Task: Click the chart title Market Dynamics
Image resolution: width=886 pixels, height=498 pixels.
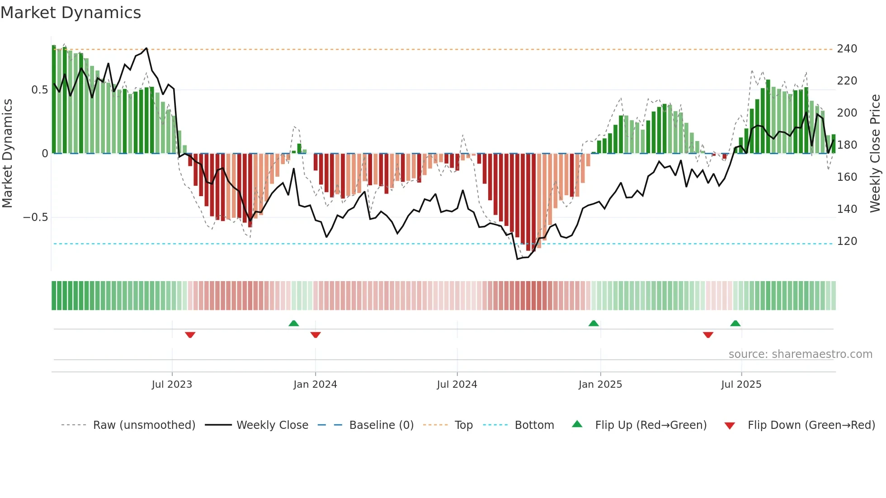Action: [71, 13]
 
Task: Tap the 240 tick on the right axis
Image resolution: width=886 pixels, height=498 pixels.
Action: [847, 49]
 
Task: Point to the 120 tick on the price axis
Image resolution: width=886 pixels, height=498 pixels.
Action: [847, 241]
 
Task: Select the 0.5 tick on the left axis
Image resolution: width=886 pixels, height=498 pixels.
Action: [39, 90]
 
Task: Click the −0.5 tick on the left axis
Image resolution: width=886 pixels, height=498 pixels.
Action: [36, 217]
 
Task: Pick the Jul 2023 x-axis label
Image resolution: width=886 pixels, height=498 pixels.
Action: [172, 385]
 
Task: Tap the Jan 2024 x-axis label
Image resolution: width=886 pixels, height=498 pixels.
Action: [315, 385]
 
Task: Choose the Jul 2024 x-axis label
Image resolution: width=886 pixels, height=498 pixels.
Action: [457, 385]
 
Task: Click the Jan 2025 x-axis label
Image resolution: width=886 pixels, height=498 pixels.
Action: [600, 385]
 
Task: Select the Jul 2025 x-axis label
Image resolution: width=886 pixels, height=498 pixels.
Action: [741, 385]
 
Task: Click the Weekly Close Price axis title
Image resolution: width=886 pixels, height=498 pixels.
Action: [875, 154]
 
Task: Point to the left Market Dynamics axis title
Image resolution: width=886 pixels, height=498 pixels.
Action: [7, 154]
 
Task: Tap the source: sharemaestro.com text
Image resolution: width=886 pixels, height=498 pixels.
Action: [800, 354]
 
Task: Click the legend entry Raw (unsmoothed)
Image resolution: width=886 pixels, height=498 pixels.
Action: [144, 425]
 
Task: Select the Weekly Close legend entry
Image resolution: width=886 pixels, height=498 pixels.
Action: [272, 425]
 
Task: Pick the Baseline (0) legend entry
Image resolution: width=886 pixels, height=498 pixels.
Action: [381, 425]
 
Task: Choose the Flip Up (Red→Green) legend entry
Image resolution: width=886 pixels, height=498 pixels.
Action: [650, 425]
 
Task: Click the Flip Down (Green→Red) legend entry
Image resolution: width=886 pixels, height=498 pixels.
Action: [811, 425]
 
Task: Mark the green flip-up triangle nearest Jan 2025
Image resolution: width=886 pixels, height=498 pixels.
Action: [594, 323]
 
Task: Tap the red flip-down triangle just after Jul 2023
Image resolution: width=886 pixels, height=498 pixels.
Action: [190, 335]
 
